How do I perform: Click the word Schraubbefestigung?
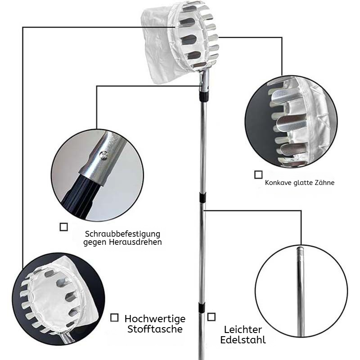coord(122,234)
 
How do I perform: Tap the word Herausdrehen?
coord(135,242)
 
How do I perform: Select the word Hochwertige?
coord(155,319)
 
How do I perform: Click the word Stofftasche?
coord(155,329)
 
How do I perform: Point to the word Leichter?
coord(243,330)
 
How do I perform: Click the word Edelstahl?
coord(243,340)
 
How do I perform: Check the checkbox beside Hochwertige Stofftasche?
coord(114,318)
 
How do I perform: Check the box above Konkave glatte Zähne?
coord(258,175)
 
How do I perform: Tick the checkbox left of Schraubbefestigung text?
coord(63,227)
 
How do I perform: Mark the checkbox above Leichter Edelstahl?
coord(211,317)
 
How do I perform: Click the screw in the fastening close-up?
coord(103,155)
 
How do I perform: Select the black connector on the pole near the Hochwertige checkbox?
coord(202,308)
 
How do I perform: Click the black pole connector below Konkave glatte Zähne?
coord(202,198)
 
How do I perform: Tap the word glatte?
coord(303,183)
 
